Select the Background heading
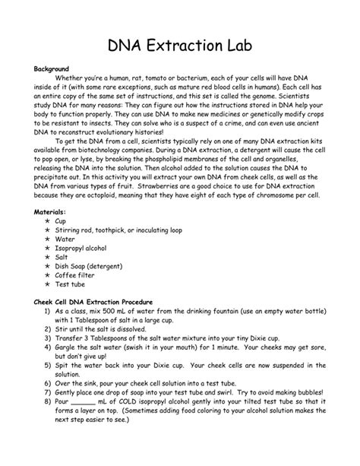[x=54, y=68]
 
